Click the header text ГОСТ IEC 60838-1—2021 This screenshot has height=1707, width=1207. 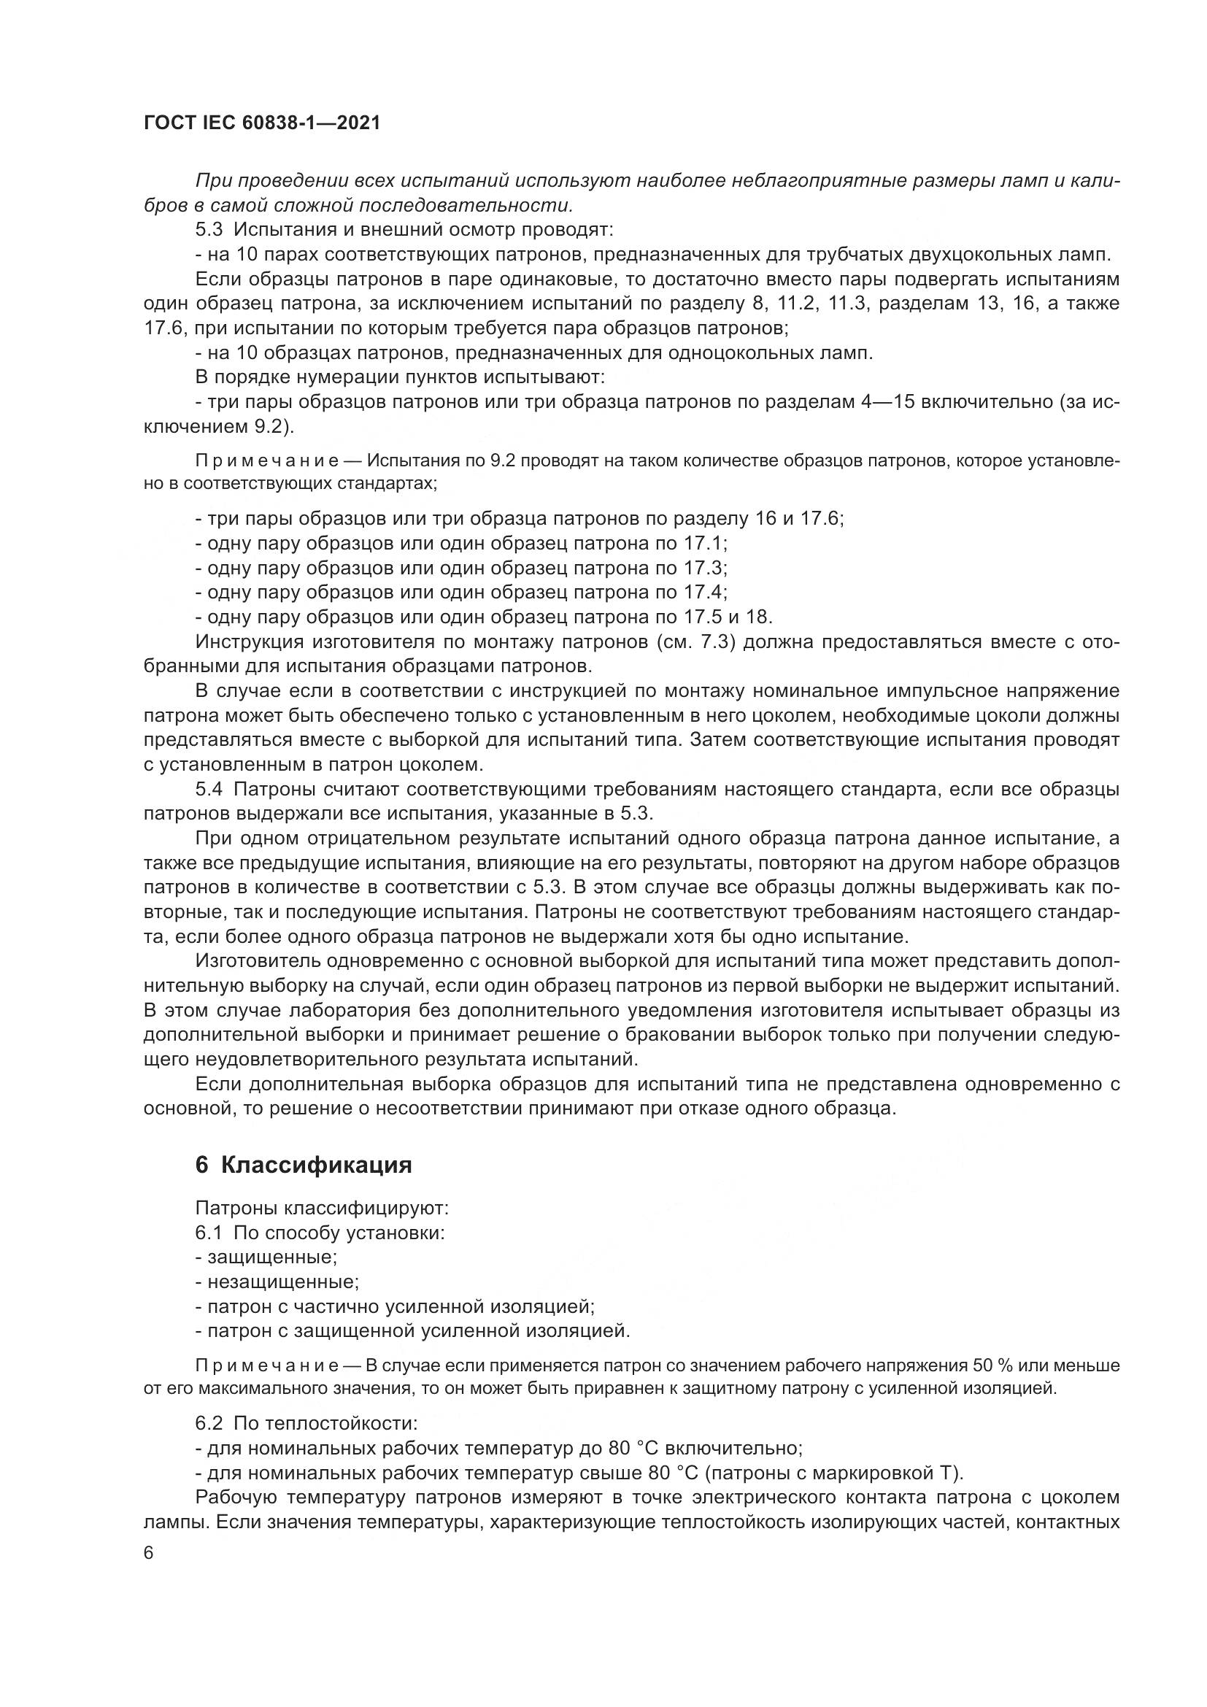point(262,123)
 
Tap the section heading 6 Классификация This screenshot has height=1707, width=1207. point(304,1165)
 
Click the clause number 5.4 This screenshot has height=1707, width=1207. point(209,789)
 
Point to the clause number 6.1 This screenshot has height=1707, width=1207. point(209,1233)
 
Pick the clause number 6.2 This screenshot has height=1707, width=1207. point(209,1424)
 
